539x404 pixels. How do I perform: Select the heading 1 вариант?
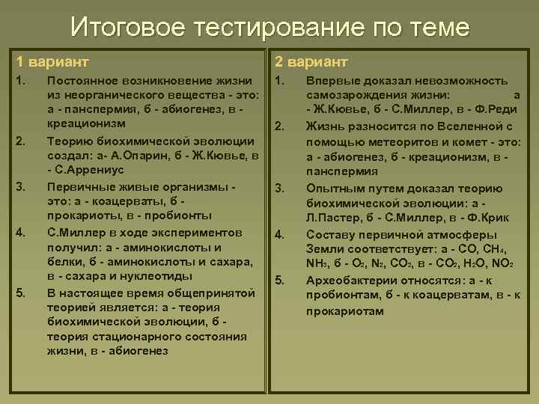53,61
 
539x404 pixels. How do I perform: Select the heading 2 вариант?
311,61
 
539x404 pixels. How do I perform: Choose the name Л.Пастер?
334,218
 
